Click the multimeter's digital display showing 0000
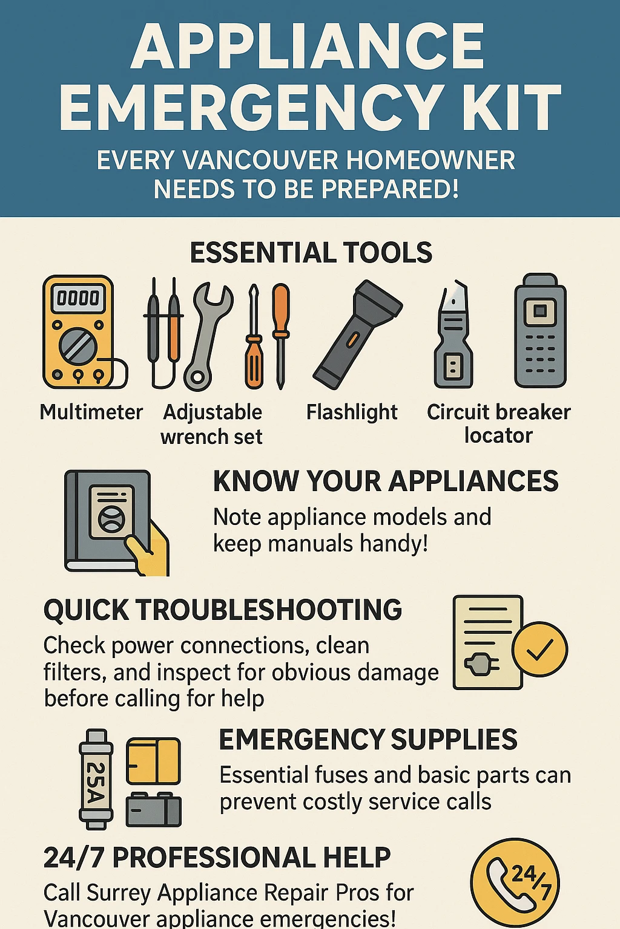point(77,298)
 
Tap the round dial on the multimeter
point(77,347)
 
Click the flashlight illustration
point(357,334)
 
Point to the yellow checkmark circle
point(539,649)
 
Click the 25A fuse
point(96,779)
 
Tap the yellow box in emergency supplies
point(153,760)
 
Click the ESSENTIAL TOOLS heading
point(311,253)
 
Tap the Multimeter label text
point(91,412)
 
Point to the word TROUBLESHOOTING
point(269,610)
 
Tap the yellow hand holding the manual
point(148,550)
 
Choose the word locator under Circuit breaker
point(498,435)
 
